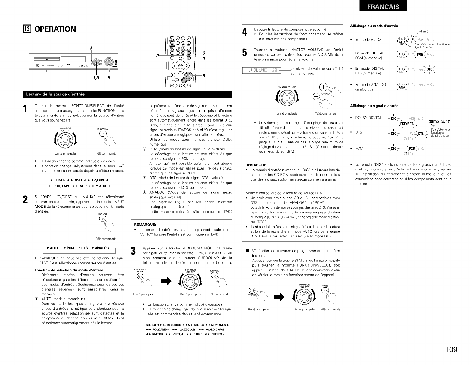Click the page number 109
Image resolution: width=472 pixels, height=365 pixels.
(451, 349)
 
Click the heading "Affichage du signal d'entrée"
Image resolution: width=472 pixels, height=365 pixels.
(374, 106)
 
